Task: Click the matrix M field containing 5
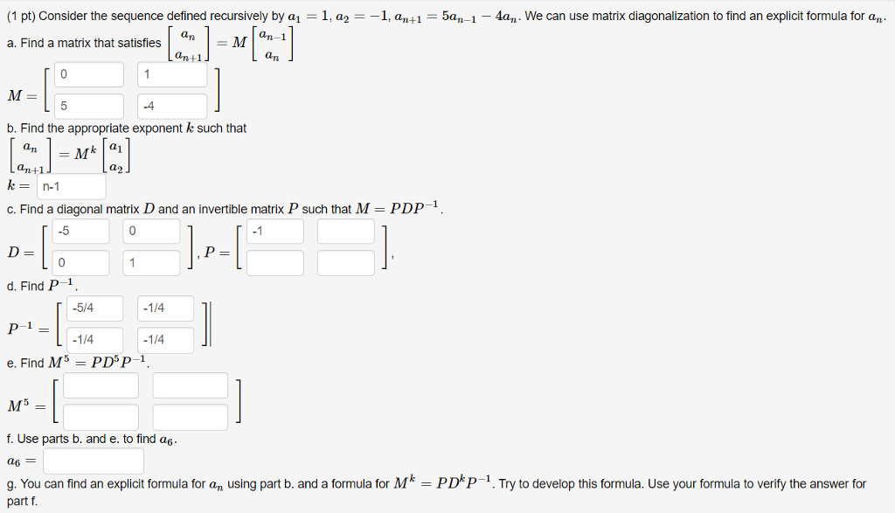pyautogui.click(x=89, y=107)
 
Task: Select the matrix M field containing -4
pyautogui.click(x=172, y=107)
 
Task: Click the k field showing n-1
pyautogui.click(x=73, y=186)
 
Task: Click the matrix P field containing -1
pyautogui.click(x=275, y=232)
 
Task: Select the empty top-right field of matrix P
pyautogui.click(x=345, y=232)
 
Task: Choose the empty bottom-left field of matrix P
pyautogui.click(x=275, y=262)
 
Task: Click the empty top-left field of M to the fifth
pyautogui.click(x=101, y=385)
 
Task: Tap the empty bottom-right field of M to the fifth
pyautogui.click(x=190, y=416)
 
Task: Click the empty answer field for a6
pyautogui.click(x=94, y=461)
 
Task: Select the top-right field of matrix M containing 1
pyautogui.click(x=172, y=75)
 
